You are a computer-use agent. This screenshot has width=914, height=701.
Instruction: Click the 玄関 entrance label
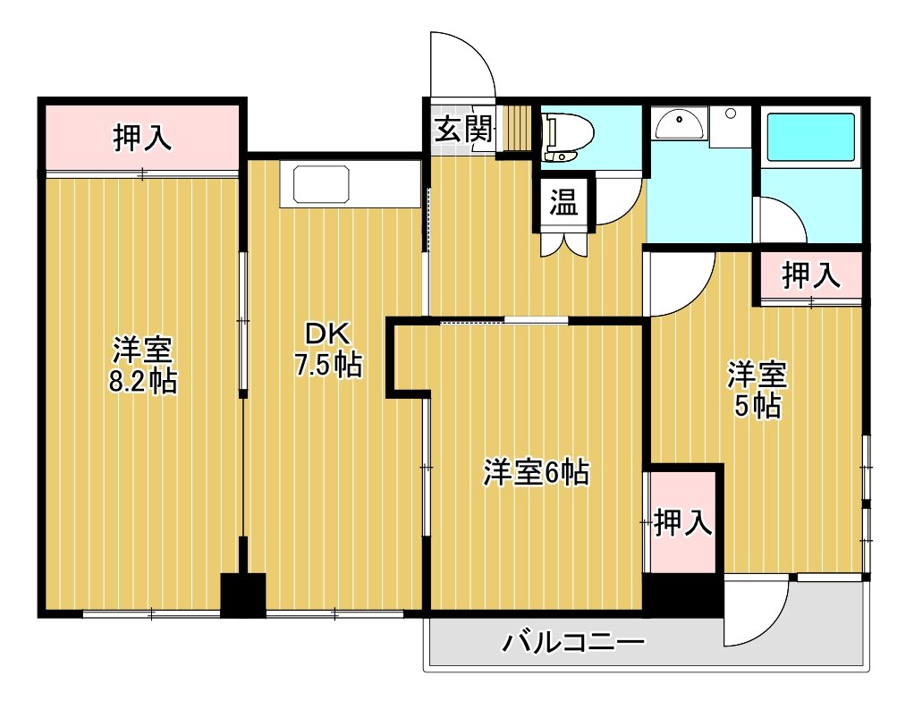(x=464, y=129)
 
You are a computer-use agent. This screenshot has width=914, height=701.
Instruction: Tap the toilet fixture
(x=567, y=137)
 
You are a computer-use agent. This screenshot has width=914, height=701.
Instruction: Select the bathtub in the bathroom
(x=810, y=137)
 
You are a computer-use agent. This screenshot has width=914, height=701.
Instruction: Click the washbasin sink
(x=679, y=125)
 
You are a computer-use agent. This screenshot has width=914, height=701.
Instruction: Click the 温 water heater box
(x=564, y=203)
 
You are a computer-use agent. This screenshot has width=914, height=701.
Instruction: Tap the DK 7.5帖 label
(x=328, y=350)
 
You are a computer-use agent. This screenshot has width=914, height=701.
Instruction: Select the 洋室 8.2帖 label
(x=143, y=365)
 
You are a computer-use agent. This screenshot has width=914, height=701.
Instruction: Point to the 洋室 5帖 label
(x=757, y=389)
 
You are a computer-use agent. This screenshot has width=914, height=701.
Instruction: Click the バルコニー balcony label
(x=574, y=643)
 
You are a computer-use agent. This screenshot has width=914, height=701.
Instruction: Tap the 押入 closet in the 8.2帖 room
(x=141, y=139)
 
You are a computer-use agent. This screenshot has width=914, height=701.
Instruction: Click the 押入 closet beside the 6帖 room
(x=682, y=522)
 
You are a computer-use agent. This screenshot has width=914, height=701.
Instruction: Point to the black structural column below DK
(x=243, y=595)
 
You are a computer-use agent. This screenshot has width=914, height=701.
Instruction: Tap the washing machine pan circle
(x=731, y=114)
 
